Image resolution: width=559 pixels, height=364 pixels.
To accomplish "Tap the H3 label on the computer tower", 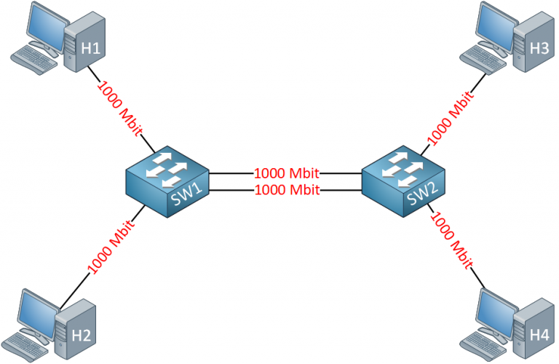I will pos(539,49).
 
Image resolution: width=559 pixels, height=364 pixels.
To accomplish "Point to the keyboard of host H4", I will pos(485,342).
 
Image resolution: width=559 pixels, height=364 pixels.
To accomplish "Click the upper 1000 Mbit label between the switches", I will pos(287,174).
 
